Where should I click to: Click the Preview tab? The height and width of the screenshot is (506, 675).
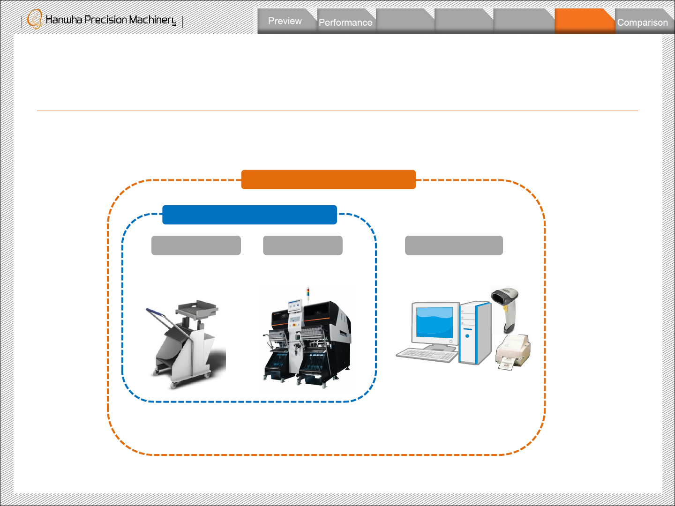285,21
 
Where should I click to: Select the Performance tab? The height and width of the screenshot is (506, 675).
345,22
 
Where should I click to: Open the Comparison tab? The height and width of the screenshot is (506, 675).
642,22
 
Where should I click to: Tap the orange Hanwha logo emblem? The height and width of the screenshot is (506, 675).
35,20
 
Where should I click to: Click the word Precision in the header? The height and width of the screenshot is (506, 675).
105,20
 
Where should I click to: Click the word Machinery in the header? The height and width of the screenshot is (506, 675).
153,20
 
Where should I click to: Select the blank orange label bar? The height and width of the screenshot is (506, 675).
328,179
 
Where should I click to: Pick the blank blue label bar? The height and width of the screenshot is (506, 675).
249,215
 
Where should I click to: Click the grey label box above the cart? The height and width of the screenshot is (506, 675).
196,246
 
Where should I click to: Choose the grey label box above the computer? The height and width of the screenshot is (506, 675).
454,246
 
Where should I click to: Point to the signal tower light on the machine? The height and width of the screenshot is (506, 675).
308,293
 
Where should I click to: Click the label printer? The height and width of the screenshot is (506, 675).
513,351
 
